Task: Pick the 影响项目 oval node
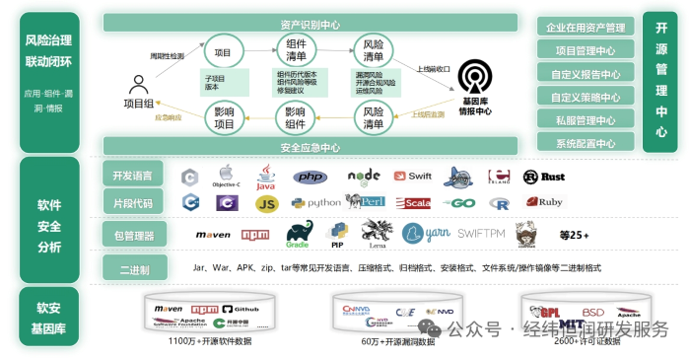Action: (225, 117)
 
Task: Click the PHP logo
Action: (310, 178)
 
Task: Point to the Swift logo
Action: (413, 177)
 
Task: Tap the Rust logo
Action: (544, 178)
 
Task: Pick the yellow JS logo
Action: (266, 203)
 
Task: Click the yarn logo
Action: (426, 234)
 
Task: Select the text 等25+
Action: (573, 235)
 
